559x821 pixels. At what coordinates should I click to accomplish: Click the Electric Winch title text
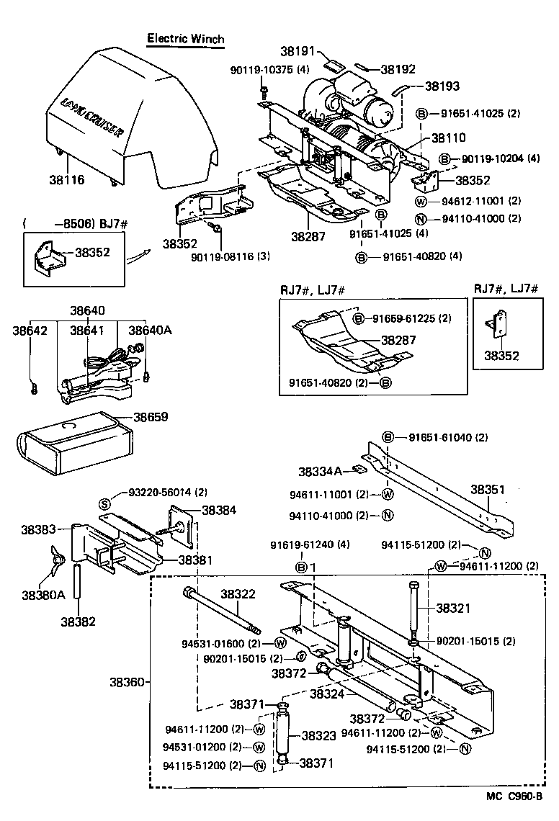pos(185,39)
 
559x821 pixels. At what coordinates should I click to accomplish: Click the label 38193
pos(442,86)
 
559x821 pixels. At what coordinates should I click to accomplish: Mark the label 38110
pos(448,138)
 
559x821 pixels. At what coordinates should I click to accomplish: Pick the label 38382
pos(78,620)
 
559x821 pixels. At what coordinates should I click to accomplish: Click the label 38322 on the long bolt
pos(238,594)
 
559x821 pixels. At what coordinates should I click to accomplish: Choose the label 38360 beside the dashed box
pos(127,681)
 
